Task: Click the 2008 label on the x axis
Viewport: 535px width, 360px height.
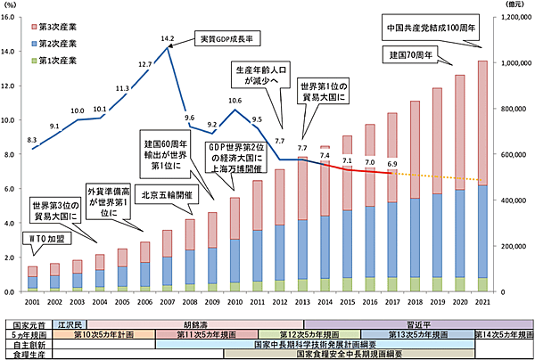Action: pos(189,303)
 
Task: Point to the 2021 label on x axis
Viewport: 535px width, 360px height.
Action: pos(482,303)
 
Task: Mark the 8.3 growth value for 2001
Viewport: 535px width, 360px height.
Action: pos(33,140)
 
